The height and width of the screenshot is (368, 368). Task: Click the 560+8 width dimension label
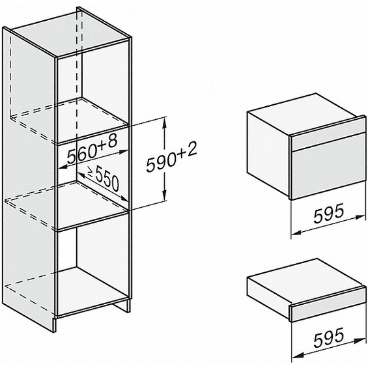92,150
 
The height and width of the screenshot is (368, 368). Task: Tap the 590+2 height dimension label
171,157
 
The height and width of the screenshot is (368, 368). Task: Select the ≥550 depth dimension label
104,178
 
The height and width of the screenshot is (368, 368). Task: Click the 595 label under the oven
328,213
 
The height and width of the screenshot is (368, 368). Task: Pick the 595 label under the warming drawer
328,337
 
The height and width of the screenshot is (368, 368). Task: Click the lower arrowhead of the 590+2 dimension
165,195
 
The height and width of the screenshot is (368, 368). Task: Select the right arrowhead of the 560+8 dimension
123,152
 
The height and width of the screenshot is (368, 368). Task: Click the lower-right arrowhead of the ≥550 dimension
124,199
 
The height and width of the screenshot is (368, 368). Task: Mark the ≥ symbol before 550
90,171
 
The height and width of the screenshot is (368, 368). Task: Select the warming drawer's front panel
328,307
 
